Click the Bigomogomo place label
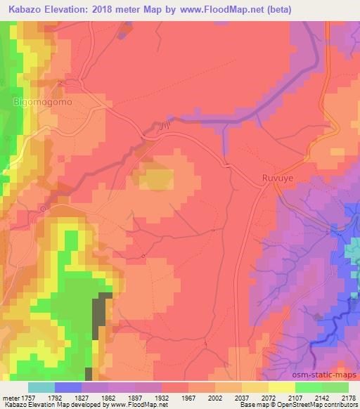pyautogui.click(x=44, y=102)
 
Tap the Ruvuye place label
pyautogui.click(x=276, y=178)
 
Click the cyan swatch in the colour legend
pyautogui.click(x=41, y=387)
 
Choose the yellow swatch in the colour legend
pyautogui.click(x=282, y=387)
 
